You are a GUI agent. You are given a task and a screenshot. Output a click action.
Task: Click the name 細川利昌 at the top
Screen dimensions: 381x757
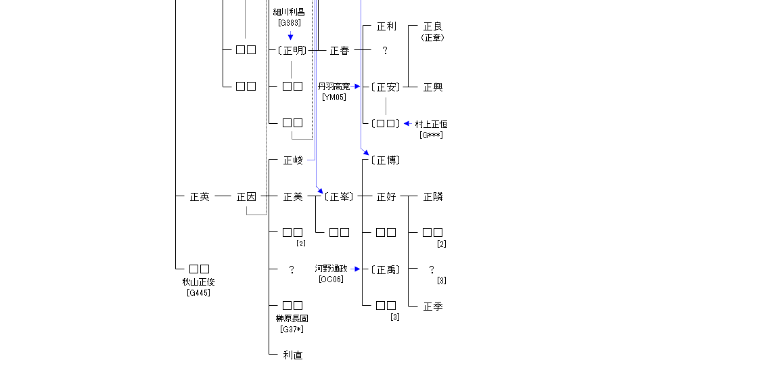289,12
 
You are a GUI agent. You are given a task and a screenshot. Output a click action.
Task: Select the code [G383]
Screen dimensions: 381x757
289,22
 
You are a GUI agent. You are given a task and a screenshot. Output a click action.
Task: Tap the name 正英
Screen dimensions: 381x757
200,197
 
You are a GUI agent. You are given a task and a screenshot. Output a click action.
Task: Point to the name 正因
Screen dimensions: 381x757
246,197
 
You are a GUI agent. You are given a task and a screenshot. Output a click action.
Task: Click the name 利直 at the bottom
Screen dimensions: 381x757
293,355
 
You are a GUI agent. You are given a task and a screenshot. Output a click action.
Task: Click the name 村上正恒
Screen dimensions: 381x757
431,125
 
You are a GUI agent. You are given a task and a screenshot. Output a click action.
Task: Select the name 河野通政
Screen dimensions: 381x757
331,269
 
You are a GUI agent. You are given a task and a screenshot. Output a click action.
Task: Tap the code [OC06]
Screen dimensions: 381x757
331,279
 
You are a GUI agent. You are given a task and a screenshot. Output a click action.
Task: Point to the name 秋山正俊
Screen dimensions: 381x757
199,282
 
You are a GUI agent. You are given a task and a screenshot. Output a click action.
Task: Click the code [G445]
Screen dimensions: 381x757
199,293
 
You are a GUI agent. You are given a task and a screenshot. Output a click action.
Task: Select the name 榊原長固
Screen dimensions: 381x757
292,319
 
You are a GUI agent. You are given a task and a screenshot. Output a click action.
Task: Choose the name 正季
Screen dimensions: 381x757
433,307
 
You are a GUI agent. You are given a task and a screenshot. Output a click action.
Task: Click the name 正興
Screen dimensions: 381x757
433,87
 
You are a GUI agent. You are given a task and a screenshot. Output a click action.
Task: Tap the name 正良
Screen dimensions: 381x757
433,26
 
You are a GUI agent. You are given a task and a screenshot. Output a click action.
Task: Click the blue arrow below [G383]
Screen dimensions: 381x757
290,37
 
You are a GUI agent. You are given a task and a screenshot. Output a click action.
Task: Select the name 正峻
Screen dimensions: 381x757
293,160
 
